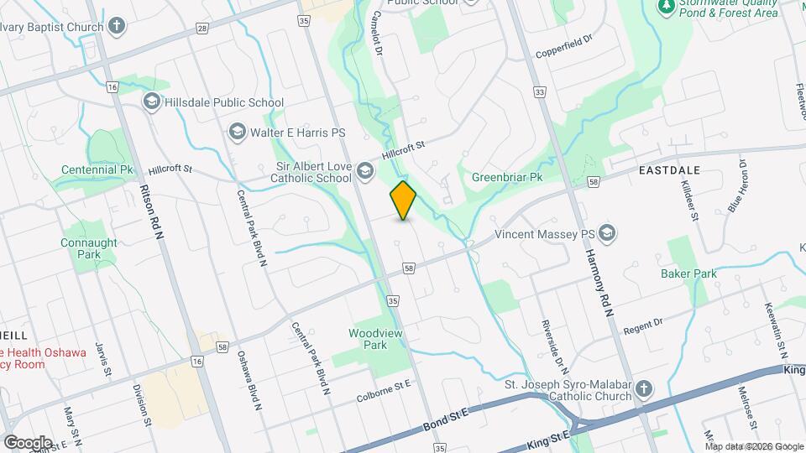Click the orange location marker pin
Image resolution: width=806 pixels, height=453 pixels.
[x=403, y=200]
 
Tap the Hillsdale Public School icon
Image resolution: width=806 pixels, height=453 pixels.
[x=152, y=102]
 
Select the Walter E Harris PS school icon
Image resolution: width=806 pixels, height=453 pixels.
[x=237, y=133]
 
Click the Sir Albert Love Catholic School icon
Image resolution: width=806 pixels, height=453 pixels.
[x=364, y=171]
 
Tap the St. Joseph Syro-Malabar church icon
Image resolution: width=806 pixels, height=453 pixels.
[x=643, y=390]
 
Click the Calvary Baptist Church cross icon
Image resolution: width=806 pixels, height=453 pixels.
[x=117, y=26]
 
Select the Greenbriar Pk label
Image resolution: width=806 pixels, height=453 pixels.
[x=507, y=178]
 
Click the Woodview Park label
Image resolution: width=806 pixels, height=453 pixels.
[x=368, y=339]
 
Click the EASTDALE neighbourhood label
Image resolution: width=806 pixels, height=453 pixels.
[x=669, y=170]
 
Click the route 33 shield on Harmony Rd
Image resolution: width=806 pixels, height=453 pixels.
[x=539, y=91]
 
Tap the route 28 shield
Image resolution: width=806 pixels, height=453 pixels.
[x=202, y=28]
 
